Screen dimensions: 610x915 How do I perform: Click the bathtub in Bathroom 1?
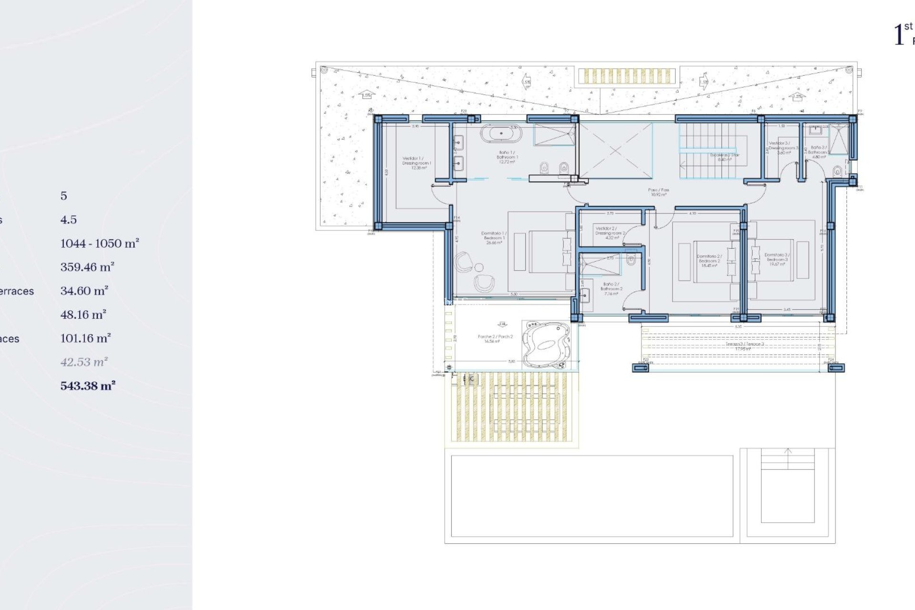(x=501, y=133)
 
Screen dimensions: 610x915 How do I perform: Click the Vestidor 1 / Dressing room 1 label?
(x=417, y=163)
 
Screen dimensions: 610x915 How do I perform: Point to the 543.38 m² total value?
(x=88, y=386)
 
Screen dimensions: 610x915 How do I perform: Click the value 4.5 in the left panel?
(x=69, y=220)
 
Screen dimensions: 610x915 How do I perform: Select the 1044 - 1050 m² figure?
(x=100, y=244)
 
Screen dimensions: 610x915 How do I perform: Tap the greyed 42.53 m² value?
(x=84, y=362)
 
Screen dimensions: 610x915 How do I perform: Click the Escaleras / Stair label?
(x=724, y=157)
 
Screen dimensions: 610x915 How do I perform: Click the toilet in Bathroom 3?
(x=837, y=170)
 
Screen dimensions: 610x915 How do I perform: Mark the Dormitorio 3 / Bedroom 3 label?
(x=777, y=259)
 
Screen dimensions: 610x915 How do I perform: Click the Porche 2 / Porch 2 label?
(x=495, y=338)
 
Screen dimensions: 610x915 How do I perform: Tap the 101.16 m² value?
(x=86, y=338)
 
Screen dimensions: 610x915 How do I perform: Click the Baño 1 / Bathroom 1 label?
(x=507, y=157)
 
